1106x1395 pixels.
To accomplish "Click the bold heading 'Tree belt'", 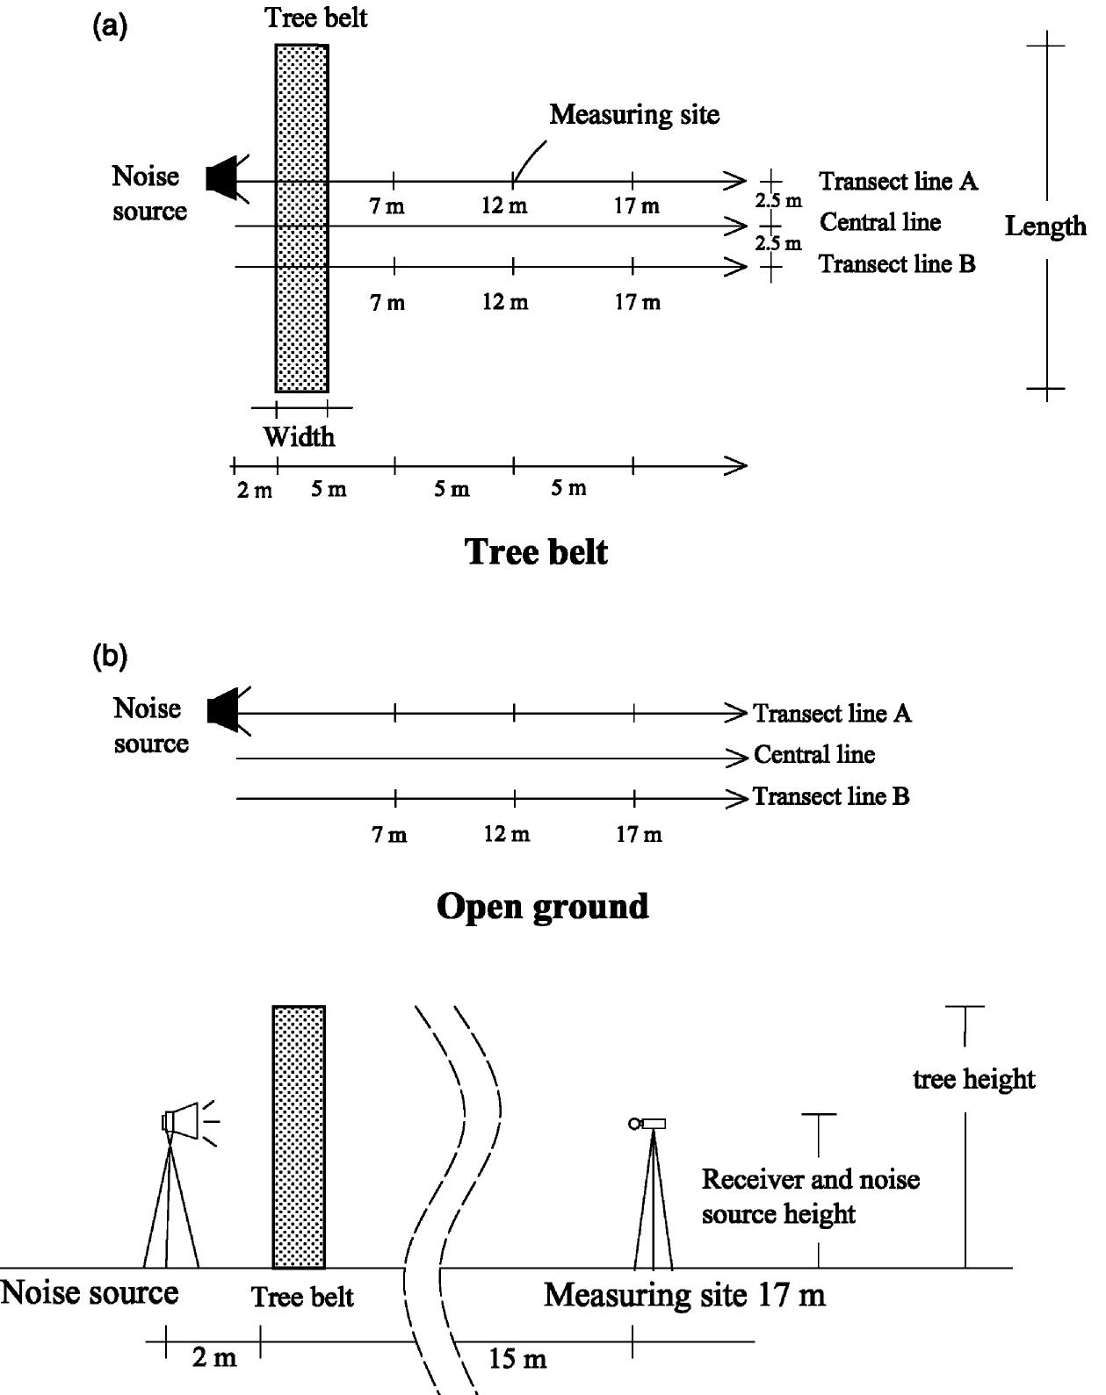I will (536, 552).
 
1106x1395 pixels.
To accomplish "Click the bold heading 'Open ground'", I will (542, 906).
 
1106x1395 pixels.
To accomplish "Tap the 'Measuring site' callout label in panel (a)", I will (634, 114).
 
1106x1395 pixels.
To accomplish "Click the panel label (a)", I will (110, 26).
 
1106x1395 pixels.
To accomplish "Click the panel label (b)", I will (110, 657).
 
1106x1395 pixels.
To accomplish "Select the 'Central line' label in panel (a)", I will (879, 223).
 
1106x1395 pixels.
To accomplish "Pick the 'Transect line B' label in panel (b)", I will (830, 797).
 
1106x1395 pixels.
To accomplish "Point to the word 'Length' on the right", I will (1045, 227).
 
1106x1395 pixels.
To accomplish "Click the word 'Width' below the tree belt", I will (299, 436).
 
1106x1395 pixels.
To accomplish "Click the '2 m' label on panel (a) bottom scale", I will (255, 490).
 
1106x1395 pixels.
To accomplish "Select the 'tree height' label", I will (973, 1079).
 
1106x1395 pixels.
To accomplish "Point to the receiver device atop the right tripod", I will (648, 1124).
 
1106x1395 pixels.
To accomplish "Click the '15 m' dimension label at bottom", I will (517, 1360).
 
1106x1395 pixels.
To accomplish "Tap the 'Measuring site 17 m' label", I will (684, 1295).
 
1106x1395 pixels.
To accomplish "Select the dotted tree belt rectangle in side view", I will (299, 1137).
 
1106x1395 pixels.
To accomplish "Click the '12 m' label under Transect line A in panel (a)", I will (505, 207).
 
